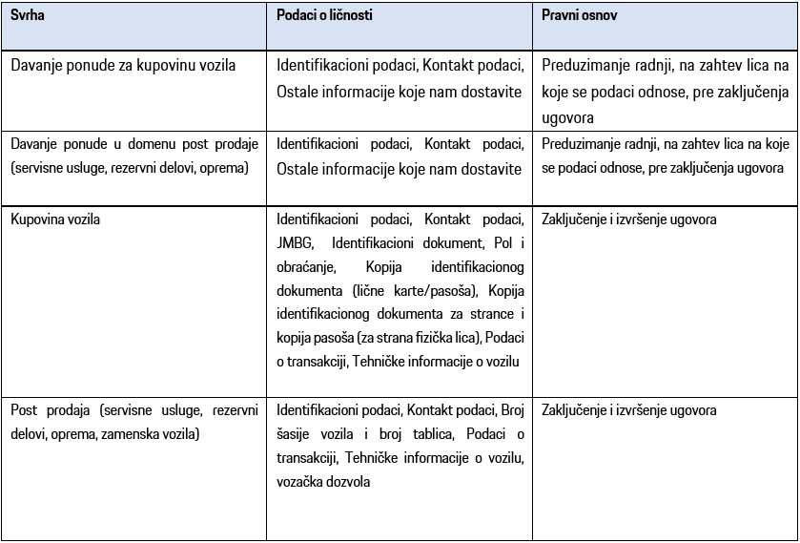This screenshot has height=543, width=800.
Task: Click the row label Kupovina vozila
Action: [55, 219]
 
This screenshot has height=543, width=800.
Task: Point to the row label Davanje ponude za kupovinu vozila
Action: [123, 66]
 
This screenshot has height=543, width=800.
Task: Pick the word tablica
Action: [414, 434]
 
